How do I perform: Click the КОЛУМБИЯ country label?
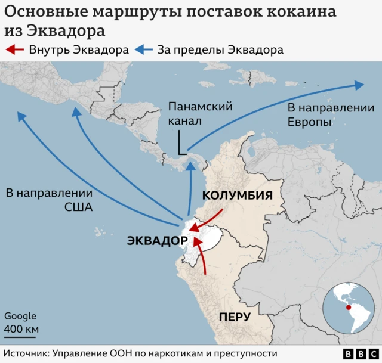(x=238, y=196)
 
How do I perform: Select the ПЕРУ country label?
(x=238, y=317)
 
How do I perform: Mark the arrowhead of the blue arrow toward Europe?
(x=359, y=85)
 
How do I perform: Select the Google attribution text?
(x=20, y=317)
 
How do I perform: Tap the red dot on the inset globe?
(x=349, y=308)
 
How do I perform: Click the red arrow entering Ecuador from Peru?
(x=202, y=256)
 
